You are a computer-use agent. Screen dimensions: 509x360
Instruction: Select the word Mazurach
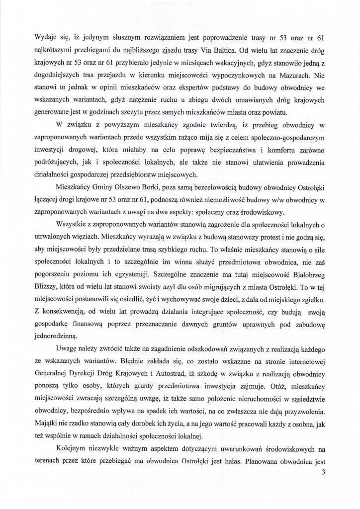click(x=303, y=76)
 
